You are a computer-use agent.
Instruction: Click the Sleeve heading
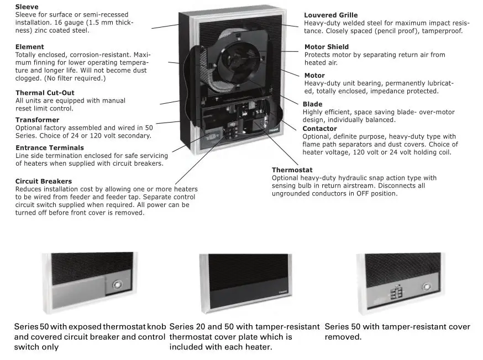pyautogui.click(x=27, y=7)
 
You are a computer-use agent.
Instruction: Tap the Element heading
pyautogui.click(x=29, y=47)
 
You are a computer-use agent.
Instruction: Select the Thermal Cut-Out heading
pyautogui.click(x=45, y=93)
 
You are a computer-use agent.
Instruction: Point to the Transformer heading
pyautogui.click(x=37, y=120)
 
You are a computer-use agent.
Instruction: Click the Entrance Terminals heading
pyautogui.click(x=50, y=147)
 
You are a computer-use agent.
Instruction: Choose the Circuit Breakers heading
pyautogui.click(x=44, y=181)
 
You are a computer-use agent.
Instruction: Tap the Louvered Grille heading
pyautogui.click(x=330, y=15)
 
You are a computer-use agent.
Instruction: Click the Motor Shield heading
pyautogui.click(x=327, y=47)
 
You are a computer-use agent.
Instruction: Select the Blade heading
pyautogui.click(x=312, y=104)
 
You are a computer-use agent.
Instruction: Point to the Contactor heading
pyautogui.click(x=319, y=129)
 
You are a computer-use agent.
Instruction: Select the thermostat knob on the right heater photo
pyautogui.click(x=426, y=287)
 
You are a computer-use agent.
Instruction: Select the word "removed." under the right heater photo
pyautogui.click(x=343, y=337)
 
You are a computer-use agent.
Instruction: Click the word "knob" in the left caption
pyautogui.click(x=156, y=327)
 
